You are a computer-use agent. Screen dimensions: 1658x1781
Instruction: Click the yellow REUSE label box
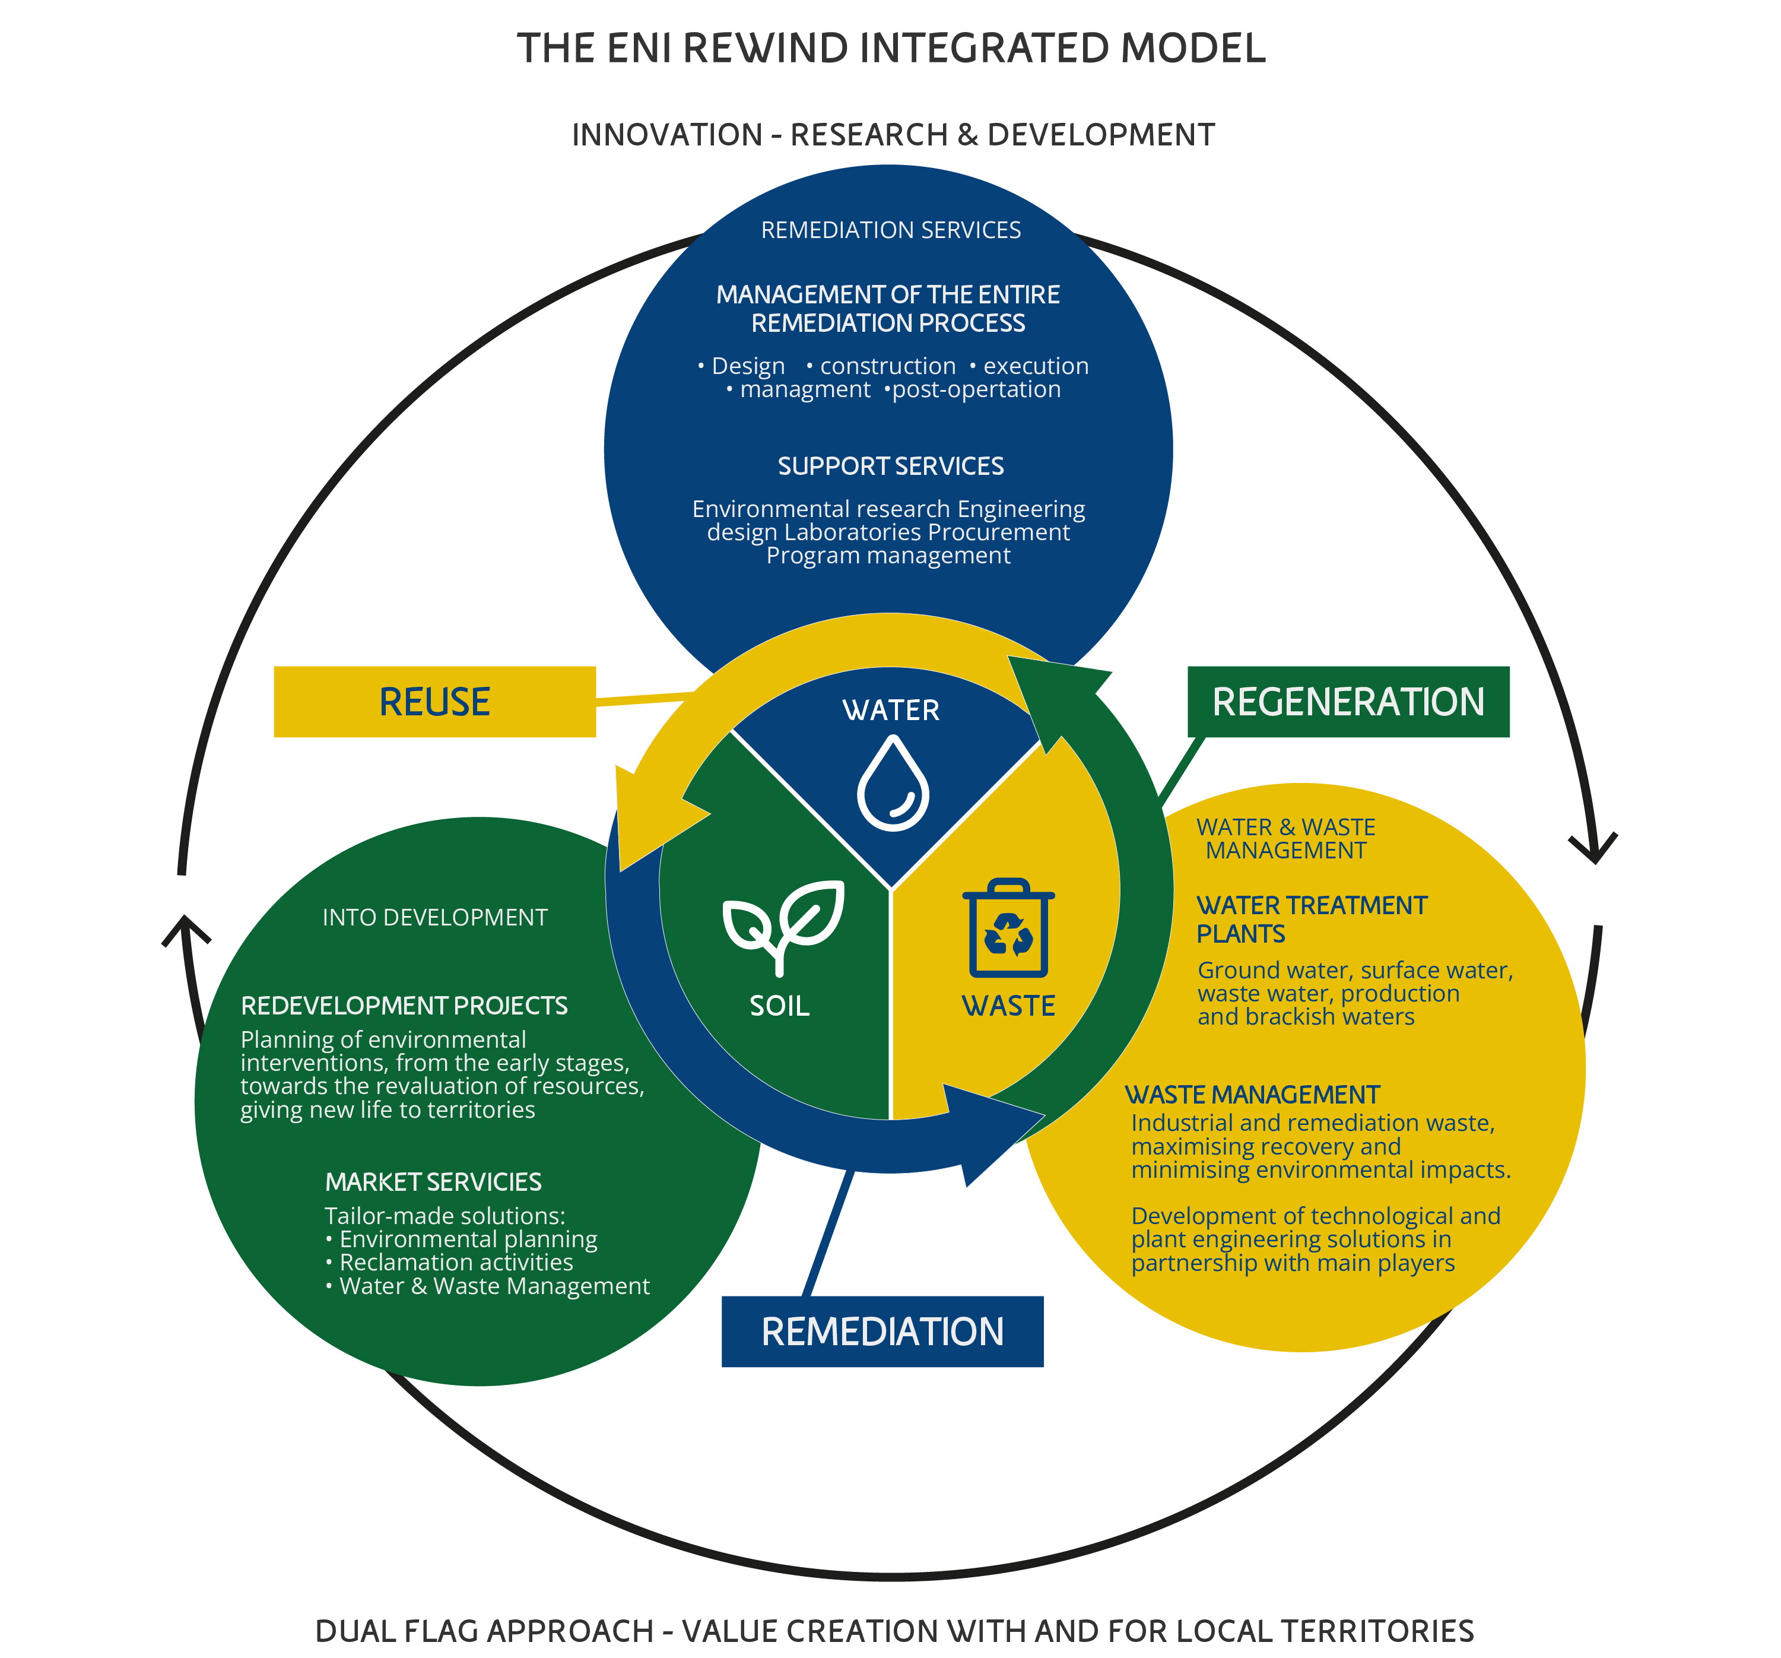click(x=434, y=702)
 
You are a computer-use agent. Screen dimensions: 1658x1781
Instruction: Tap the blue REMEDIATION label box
click(x=882, y=1332)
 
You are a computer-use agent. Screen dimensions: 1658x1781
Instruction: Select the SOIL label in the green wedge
click(x=779, y=1006)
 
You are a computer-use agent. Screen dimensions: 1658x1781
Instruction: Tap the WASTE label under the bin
click(x=1009, y=1006)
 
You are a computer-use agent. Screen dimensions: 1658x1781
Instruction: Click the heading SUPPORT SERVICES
click(x=890, y=466)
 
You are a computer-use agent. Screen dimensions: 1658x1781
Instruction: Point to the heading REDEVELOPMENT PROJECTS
click(x=404, y=1006)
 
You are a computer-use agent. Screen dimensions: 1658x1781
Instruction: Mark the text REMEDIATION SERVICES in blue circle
click(x=890, y=230)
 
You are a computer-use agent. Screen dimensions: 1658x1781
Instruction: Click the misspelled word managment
click(x=805, y=390)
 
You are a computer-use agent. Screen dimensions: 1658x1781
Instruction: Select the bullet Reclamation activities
click(x=456, y=1262)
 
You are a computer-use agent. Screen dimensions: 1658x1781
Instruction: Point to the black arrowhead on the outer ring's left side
click(x=185, y=930)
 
